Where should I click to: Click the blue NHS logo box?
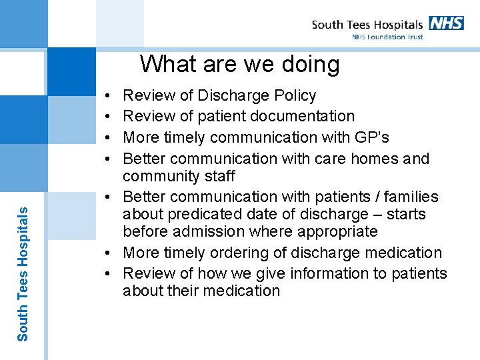[x=446, y=23]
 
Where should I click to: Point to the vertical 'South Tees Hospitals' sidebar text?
[x=23, y=273]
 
